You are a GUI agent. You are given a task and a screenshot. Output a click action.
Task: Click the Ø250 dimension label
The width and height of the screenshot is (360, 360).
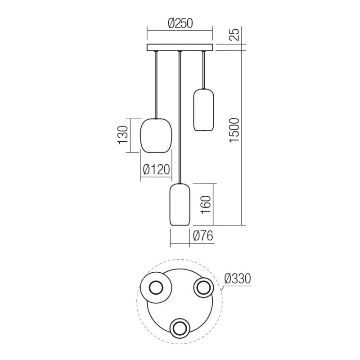point(180,24)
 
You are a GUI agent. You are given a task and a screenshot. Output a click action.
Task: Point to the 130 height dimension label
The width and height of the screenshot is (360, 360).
point(123,135)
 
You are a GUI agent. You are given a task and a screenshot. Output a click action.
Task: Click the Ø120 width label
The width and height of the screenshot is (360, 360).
point(156,169)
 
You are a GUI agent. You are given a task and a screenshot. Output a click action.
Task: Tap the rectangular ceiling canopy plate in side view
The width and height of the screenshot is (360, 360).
point(180,48)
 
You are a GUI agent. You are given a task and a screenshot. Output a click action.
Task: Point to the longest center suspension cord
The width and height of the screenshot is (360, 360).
point(180,117)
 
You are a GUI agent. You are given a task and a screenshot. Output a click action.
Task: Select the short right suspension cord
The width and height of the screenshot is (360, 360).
point(203,70)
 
